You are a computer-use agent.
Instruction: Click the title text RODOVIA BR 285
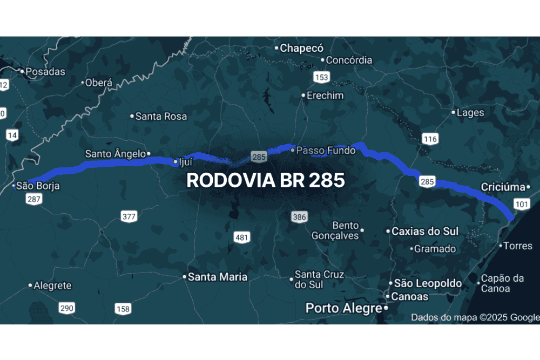pyautogui.click(x=266, y=181)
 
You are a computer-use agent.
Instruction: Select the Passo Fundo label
pyautogui.click(x=326, y=151)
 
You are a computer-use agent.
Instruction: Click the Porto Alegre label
pyautogui.click(x=344, y=308)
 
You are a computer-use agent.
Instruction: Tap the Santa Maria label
pyautogui.click(x=218, y=277)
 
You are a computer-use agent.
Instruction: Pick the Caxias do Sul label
pyautogui.click(x=425, y=231)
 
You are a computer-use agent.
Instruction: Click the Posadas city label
pyautogui.click(x=45, y=71)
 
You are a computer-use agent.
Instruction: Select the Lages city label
pyautogui.click(x=470, y=113)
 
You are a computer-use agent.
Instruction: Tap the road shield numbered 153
pyautogui.click(x=321, y=77)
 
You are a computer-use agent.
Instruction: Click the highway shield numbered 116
pyautogui.click(x=430, y=139)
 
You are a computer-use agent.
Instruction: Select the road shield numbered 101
pyautogui.click(x=521, y=204)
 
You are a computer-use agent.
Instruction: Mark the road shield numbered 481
pyautogui.click(x=242, y=237)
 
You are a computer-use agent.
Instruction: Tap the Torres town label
pyautogui.click(x=517, y=246)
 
